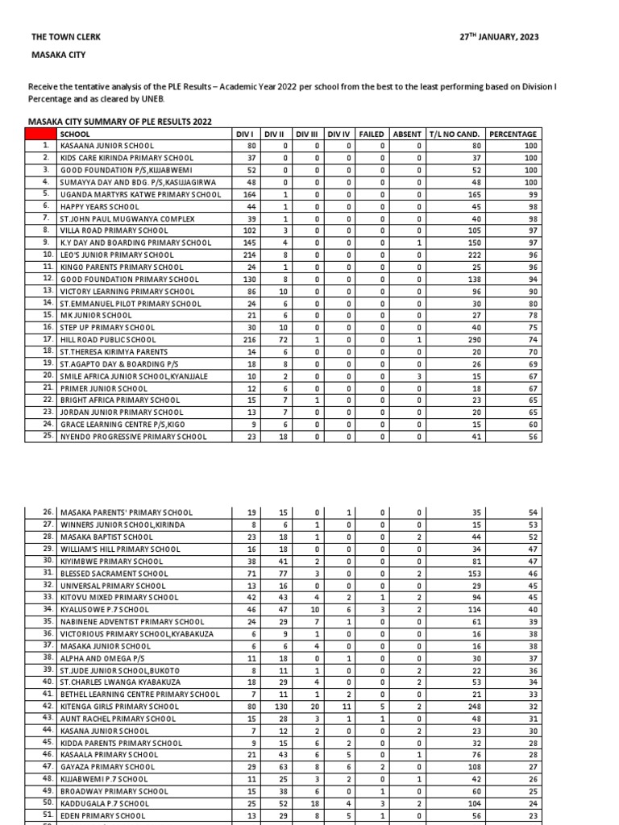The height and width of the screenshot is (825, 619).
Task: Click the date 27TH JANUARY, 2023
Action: tap(500, 37)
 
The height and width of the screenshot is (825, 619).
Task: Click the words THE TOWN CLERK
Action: tap(66, 37)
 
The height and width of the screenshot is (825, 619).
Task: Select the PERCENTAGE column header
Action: tap(513, 134)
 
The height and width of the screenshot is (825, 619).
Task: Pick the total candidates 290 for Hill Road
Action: tap(473, 340)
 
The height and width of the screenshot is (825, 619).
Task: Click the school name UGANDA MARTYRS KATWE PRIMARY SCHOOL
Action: tap(140, 194)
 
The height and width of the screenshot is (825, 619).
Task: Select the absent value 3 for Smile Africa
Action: tap(420, 376)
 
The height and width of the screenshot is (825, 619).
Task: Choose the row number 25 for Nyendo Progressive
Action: tap(48, 437)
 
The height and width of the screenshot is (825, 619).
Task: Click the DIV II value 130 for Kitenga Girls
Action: tap(283, 707)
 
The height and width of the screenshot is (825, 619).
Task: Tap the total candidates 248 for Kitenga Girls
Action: tap(473, 707)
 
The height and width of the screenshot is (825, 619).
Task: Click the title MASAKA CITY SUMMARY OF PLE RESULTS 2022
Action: tap(120, 121)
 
